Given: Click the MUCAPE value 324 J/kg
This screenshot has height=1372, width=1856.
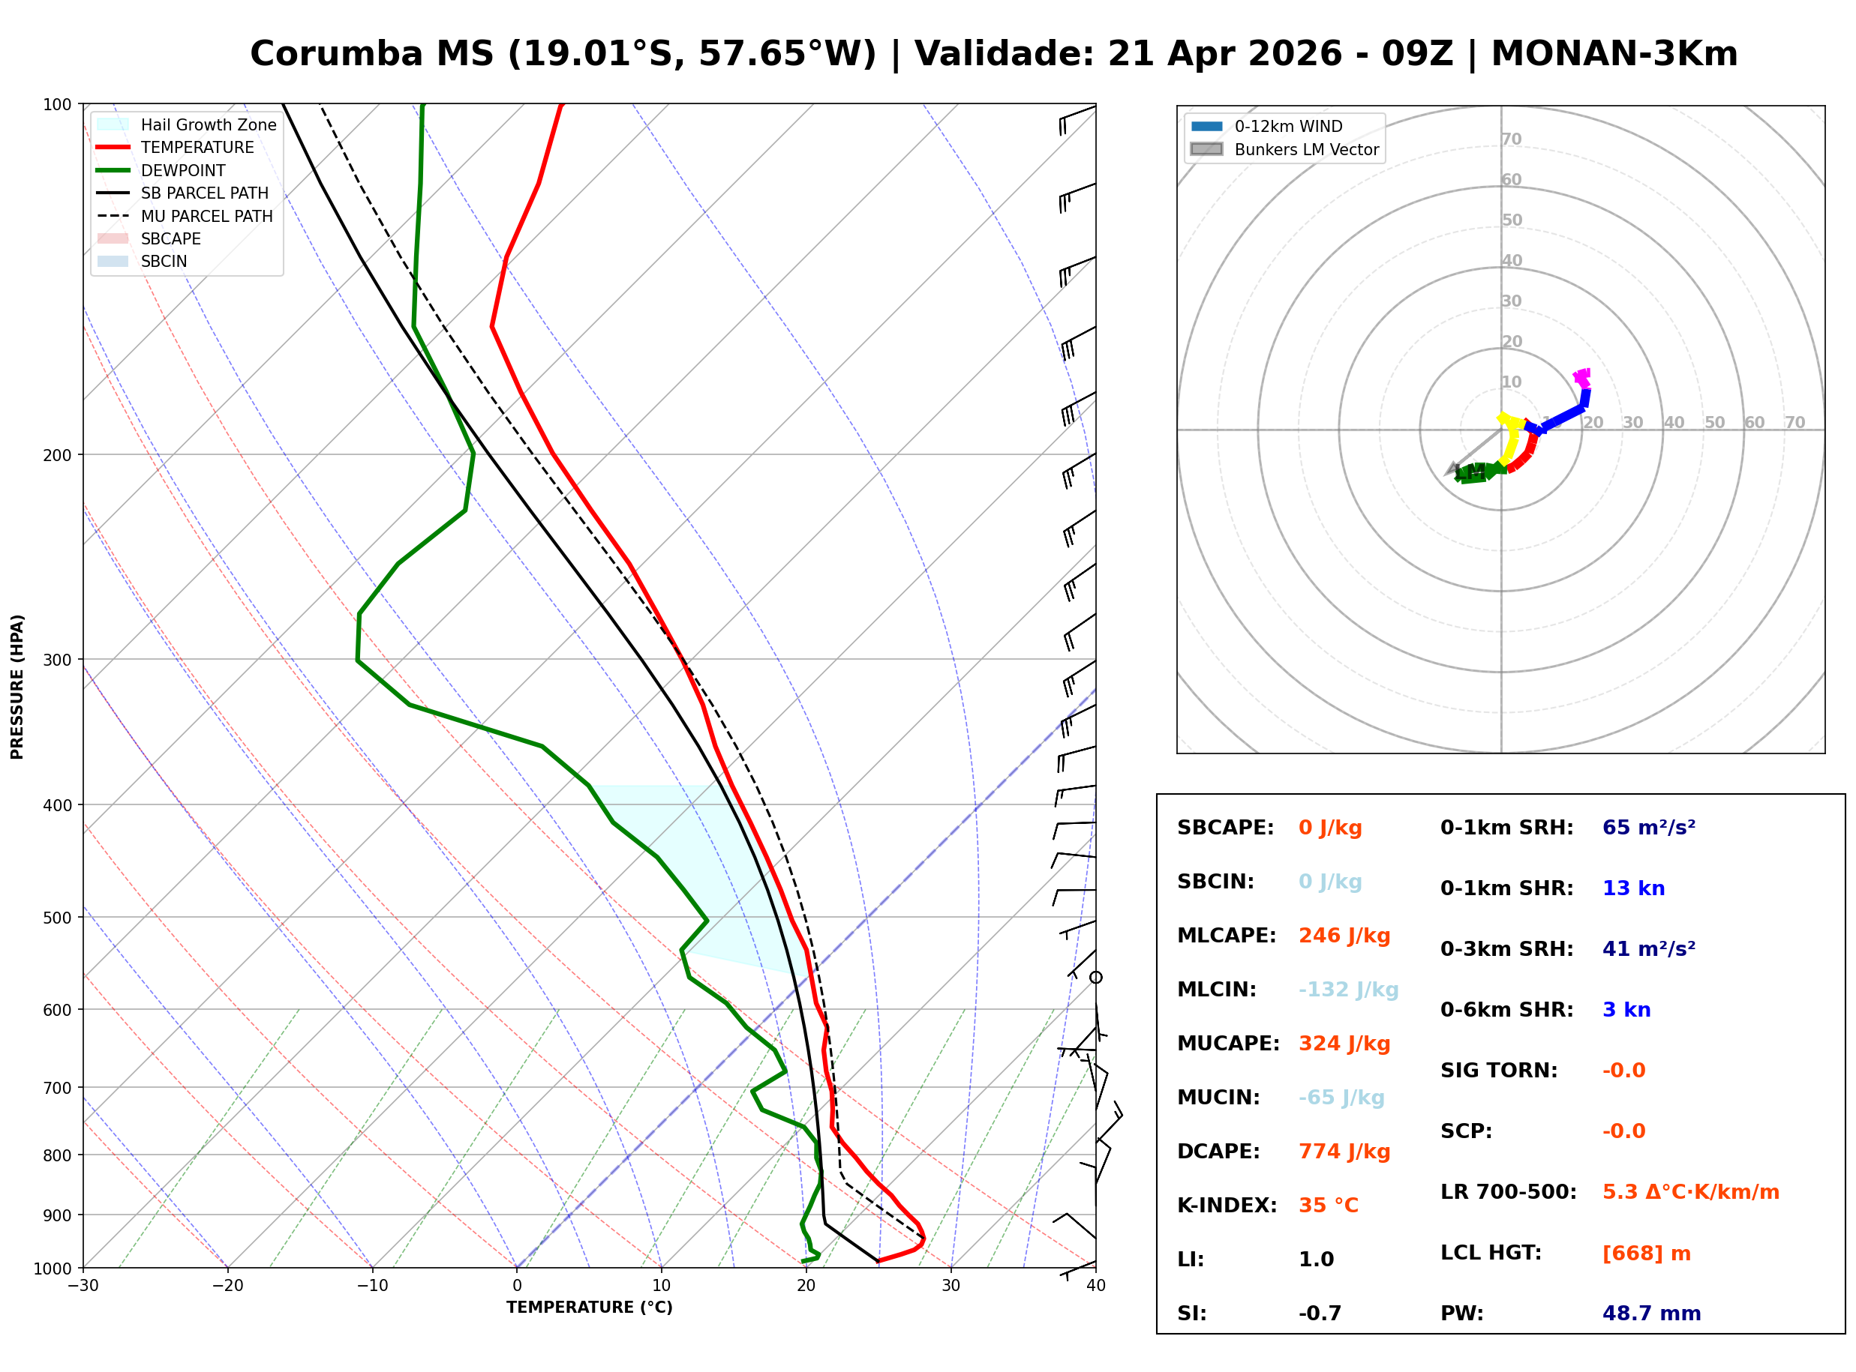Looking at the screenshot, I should (1344, 1043).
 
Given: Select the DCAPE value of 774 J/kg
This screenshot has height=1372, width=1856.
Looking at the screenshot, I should (1344, 1151).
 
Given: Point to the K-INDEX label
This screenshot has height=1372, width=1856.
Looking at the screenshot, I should (1227, 1205).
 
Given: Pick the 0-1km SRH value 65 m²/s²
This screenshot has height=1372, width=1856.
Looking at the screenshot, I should (1648, 827).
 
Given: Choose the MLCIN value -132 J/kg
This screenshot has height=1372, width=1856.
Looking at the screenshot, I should (1347, 989).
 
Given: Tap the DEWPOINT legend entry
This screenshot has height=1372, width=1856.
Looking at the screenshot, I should (183, 170).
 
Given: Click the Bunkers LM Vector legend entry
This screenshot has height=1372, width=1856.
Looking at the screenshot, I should (1305, 149).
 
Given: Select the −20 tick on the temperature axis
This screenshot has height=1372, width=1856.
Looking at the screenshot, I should (227, 1286).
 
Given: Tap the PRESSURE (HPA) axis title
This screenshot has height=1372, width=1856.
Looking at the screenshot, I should (17, 687).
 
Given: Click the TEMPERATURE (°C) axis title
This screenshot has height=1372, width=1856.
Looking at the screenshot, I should (589, 1308).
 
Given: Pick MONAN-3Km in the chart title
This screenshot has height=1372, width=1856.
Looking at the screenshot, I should (1614, 54).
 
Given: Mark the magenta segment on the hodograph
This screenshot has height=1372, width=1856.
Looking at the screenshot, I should (1582, 379).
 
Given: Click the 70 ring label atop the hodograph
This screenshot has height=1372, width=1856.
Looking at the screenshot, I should (1511, 139).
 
